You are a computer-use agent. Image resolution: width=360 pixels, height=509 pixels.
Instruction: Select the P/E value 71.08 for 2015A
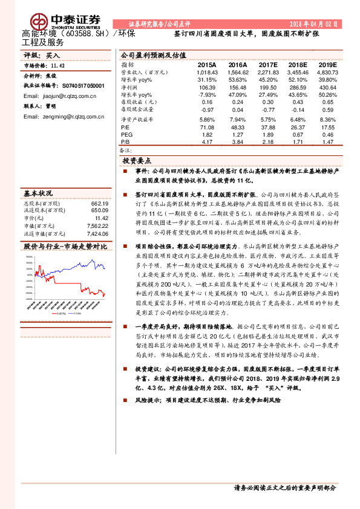(207, 128)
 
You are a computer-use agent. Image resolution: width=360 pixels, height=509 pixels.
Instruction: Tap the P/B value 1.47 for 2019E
(327, 141)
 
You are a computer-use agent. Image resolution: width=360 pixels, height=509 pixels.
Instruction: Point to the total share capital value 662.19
(99, 204)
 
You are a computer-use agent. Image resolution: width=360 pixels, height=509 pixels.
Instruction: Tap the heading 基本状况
(38, 194)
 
